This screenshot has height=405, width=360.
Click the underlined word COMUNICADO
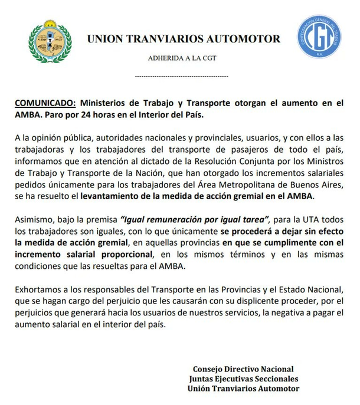pyautogui.click(x=45, y=102)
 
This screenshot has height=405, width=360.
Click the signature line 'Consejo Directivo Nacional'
pyautogui.click(x=243, y=369)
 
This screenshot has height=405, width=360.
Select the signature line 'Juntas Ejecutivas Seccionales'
pyautogui.click(x=243, y=378)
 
